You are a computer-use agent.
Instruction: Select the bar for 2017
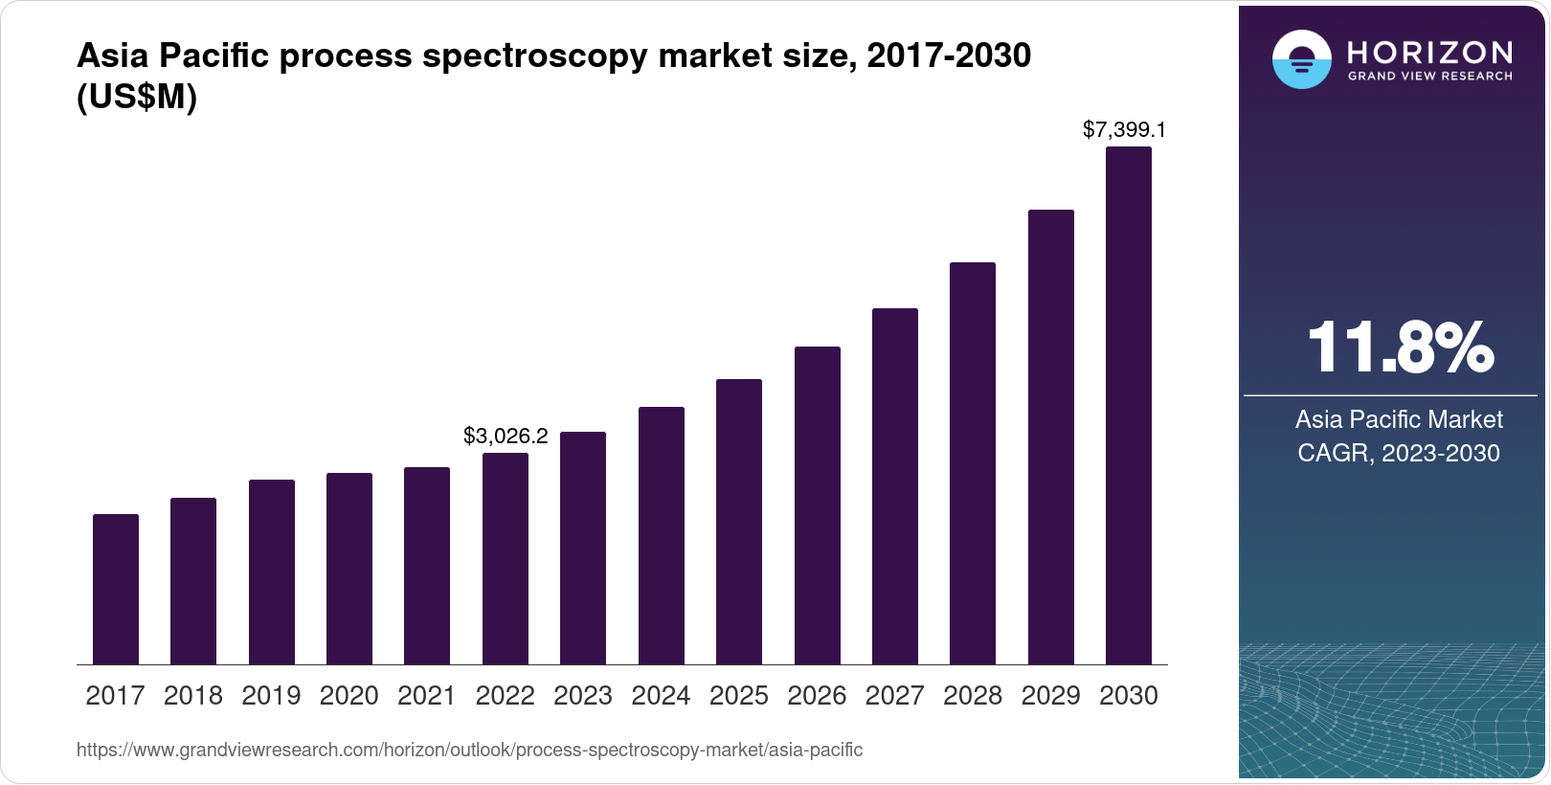coord(116,589)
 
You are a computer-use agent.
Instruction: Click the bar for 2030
coord(1128,406)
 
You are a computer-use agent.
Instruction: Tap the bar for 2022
coord(506,558)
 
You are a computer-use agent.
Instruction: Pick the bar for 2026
coord(818,505)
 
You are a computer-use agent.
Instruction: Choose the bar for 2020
coord(349,569)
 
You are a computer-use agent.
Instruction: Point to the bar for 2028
coord(973,463)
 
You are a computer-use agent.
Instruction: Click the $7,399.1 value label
coord(1124,129)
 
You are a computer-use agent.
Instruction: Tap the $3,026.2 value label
coord(506,437)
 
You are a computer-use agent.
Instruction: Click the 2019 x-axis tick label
coord(271,696)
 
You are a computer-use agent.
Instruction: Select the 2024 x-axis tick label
coord(661,696)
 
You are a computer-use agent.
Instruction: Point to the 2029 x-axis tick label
coord(1050,696)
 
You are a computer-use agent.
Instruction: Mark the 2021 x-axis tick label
coord(427,696)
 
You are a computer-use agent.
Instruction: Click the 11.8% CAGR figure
coord(1399,348)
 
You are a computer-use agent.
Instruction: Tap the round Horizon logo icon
coord(1301,60)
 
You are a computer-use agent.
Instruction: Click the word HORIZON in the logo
coord(1429,52)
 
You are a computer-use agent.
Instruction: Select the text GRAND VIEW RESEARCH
coord(1429,77)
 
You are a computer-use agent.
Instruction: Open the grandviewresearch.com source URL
coord(469,751)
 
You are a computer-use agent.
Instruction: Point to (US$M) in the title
coord(137,97)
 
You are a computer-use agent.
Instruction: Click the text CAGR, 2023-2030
coord(1398,453)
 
